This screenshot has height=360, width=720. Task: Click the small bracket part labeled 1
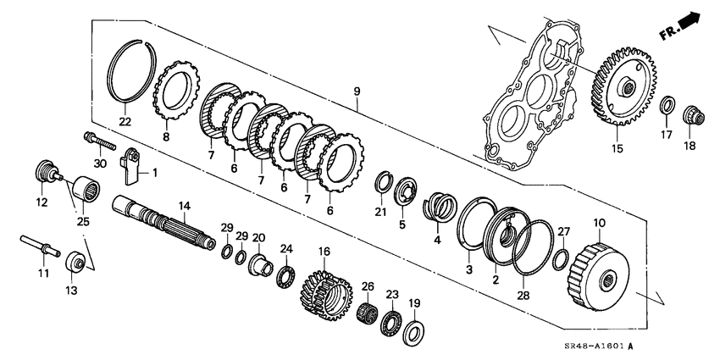click(x=130, y=165)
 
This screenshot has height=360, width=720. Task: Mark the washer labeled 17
click(x=667, y=107)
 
